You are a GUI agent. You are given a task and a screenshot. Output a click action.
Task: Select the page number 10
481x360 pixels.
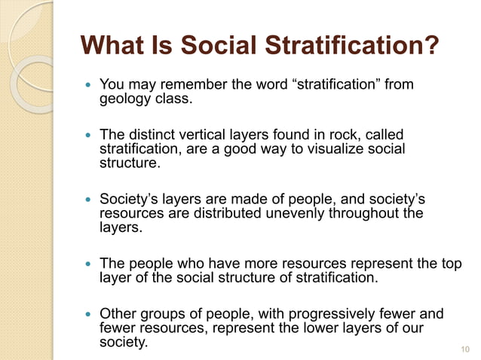464,349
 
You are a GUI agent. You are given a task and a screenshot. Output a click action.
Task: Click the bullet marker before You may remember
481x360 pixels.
89,85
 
